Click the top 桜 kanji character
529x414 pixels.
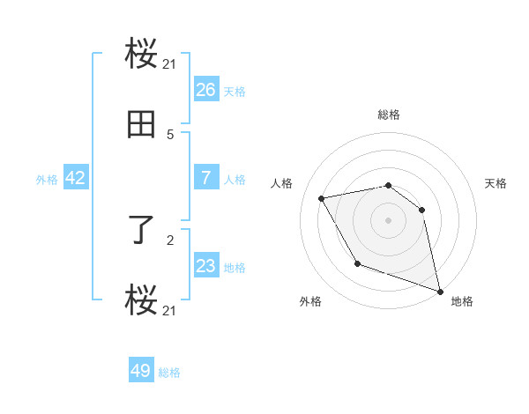point(142,56)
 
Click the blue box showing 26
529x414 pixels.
point(205,89)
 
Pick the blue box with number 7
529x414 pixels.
point(205,177)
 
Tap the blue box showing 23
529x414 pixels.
point(205,265)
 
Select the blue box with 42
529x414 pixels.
point(76,178)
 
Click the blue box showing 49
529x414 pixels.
point(141,371)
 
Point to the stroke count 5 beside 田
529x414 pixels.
point(170,135)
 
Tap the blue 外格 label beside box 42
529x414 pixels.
point(47,179)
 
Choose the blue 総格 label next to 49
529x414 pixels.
point(169,373)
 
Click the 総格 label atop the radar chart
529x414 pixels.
point(389,115)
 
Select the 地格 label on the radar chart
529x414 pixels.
point(462,301)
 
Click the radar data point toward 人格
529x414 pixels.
point(322,199)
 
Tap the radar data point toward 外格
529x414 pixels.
point(357,263)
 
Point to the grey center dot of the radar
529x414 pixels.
point(389,219)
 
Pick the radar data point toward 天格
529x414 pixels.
point(422,210)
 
